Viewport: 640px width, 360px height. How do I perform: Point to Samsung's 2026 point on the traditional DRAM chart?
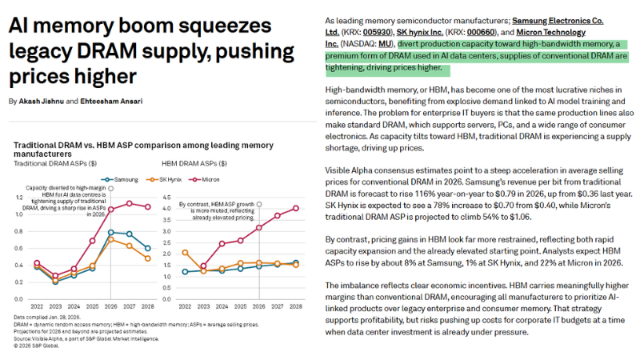[110, 232]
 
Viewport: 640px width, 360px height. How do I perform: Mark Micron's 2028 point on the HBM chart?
[295, 208]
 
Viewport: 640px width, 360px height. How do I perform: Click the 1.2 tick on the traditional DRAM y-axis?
[22, 197]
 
